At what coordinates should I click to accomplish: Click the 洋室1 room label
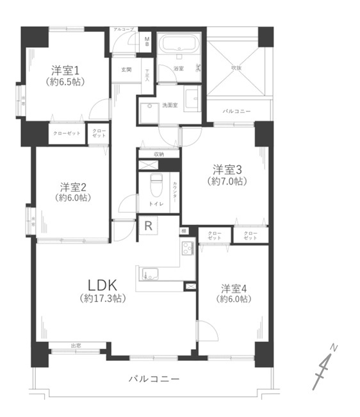(x=66, y=70)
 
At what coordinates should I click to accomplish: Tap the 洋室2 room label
(x=73, y=187)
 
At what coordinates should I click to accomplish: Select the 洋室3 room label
(x=227, y=170)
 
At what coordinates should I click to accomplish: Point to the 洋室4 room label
(x=234, y=288)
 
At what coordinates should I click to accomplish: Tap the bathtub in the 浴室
(x=180, y=45)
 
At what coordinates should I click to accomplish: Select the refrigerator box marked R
(x=148, y=225)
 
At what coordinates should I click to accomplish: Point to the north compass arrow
(x=325, y=368)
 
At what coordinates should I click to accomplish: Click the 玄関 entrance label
(x=125, y=69)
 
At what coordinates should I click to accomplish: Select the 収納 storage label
(x=158, y=154)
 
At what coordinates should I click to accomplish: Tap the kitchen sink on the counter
(x=149, y=274)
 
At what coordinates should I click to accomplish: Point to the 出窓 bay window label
(x=76, y=346)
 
